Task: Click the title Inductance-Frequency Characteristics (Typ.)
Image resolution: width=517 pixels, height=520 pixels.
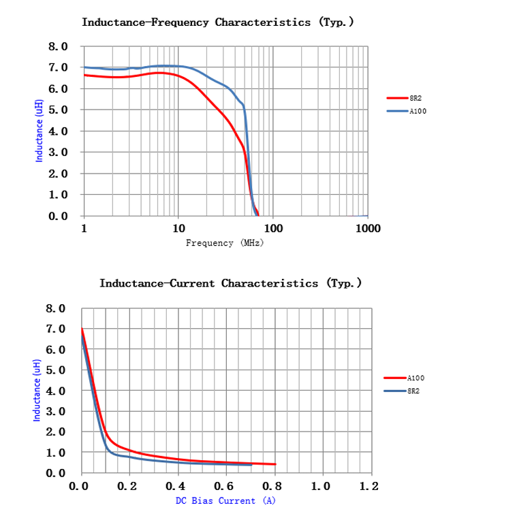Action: pyautogui.click(x=217, y=22)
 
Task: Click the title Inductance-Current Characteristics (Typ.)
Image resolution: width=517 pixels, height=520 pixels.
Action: pyautogui.click(x=230, y=283)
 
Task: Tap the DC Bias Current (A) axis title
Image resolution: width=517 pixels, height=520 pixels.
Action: pyautogui.click(x=225, y=501)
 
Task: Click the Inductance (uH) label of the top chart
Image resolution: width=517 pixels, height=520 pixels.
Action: pyautogui.click(x=40, y=130)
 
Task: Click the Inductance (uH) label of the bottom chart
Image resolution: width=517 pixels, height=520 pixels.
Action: pyautogui.click(x=37, y=390)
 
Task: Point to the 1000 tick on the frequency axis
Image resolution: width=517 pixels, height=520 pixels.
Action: pyautogui.click(x=367, y=229)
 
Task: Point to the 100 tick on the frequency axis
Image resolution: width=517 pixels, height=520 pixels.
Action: pyautogui.click(x=273, y=229)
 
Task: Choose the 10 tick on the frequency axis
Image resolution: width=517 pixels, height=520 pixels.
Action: pyautogui.click(x=178, y=229)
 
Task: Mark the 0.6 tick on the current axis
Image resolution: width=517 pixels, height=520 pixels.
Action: pyautogui.click(x=225, y=487)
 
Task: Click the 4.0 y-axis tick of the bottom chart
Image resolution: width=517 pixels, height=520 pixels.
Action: pyautogui.click(x=56, y=391)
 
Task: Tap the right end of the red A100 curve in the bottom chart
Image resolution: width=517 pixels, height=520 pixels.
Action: pyautogui.click(x=275, y=464)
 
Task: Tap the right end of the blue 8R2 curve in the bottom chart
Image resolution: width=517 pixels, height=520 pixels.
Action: pyautogui.click(x=251, y=464)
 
